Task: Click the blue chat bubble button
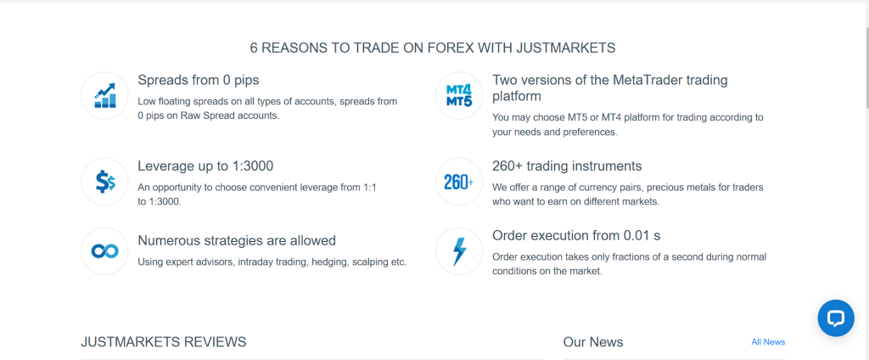click(x=836, y=318)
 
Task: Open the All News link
click(x=768, y=341)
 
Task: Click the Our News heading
click(x=593, y=341)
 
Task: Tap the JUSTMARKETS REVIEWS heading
click(x=164, y=341)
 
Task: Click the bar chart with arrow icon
click(x=104, y=95)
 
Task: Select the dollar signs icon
click(x=104, y=182)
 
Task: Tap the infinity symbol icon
click(x=104, y=250)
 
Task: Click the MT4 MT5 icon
click(x=459, y=95)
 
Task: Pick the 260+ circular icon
click(x=459, y=182)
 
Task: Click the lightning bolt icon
click(x=459, y=250)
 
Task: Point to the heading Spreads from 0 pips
click(x=199, y=81)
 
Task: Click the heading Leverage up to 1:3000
click(x=205, y=166)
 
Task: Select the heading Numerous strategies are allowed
click(x=237, y=241)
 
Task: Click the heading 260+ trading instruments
click(x=567, y=166)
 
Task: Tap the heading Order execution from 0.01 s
click(x=576, y=235)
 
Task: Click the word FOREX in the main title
click(x=451, y=48)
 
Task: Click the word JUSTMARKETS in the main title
click(x=565, y=48)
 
